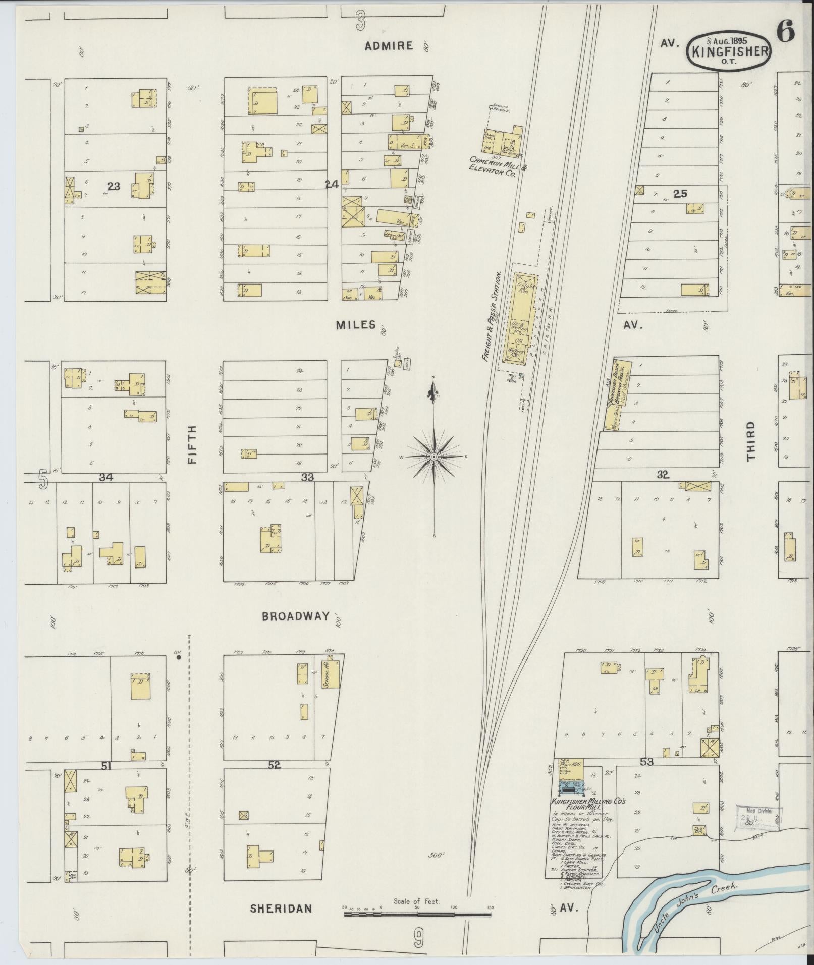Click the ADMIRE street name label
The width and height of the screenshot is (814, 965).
(x=389, y=46)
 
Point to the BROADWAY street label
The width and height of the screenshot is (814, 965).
(x=296, y=616)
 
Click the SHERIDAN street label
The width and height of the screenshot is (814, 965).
(x=281, y=909)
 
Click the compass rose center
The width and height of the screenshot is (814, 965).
(x=433, y=457)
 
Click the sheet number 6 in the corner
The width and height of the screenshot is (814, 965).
(x=785, y=32)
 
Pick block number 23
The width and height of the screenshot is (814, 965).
(x=114, y=186)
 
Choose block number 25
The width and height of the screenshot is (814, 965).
(x=680, y=193)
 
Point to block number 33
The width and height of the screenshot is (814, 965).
(x=307, y=477)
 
